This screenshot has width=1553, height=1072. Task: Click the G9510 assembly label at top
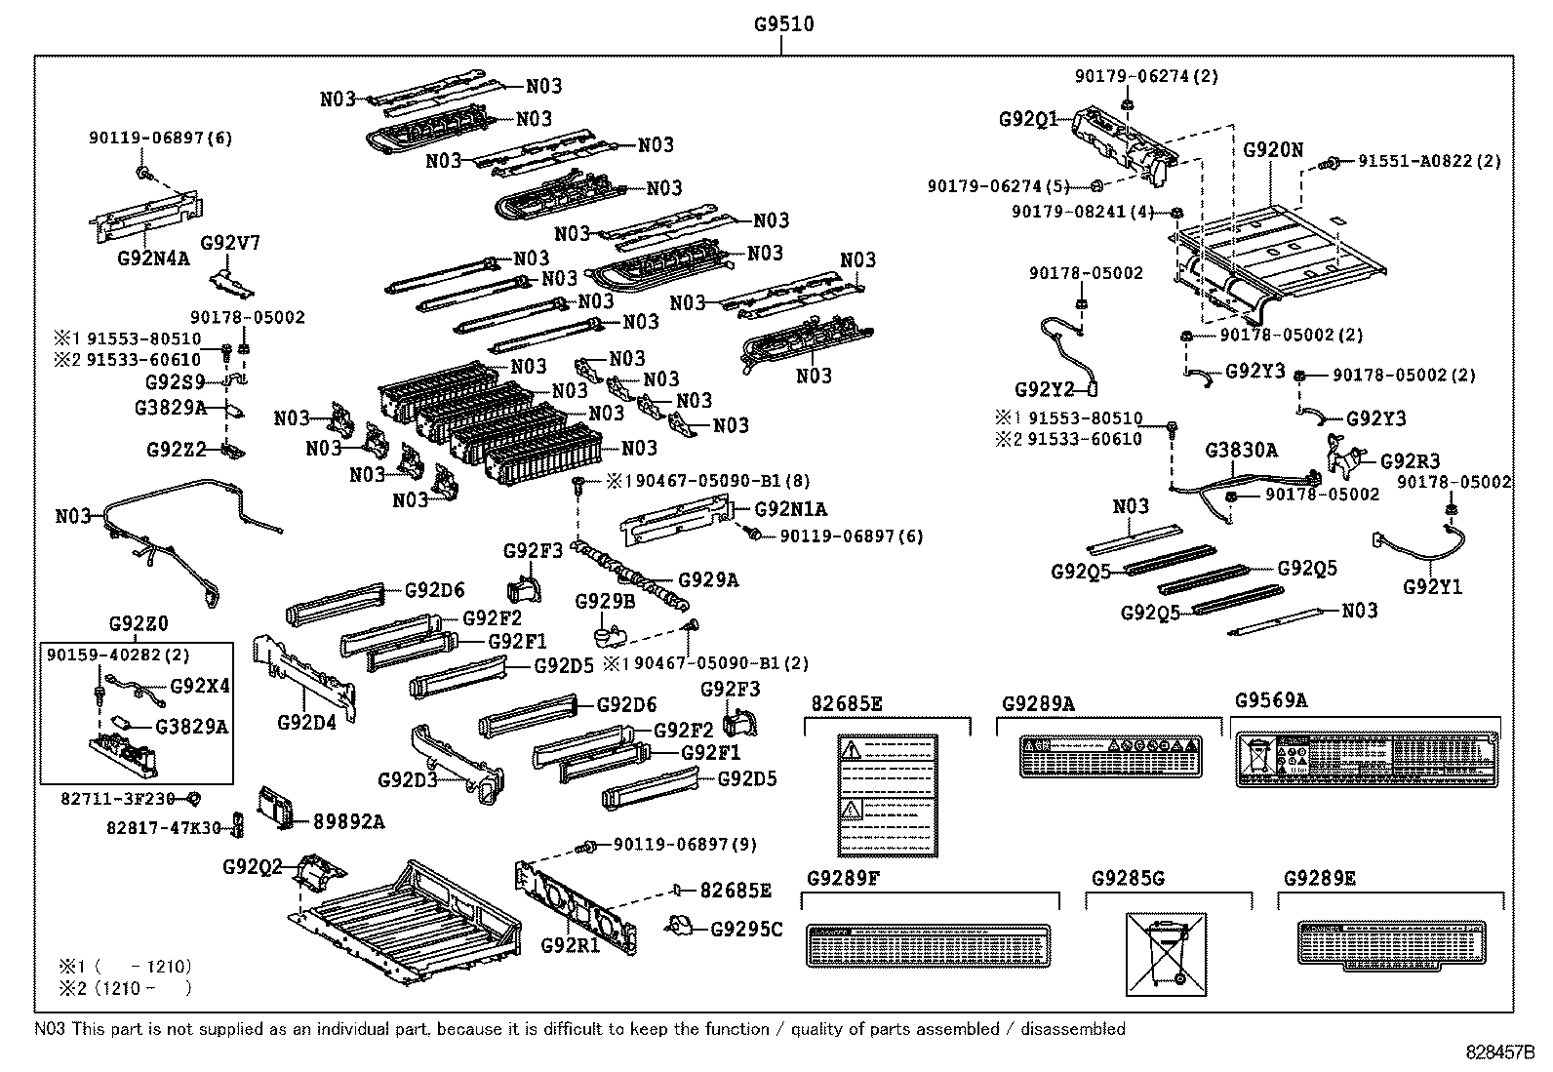click(x=783, y=23)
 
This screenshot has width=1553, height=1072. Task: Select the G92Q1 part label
click(x=1026, y=119)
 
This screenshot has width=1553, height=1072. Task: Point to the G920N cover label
click(x=1272, y=150)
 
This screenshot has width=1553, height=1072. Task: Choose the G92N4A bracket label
click(x=153, y=258)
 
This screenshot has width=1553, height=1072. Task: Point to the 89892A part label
click(x=348, y=821)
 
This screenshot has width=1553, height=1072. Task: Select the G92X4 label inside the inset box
click(x=200, y=686)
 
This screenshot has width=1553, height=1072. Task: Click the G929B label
click(x=604, y=601)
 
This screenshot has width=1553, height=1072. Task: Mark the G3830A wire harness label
click(x=1240, y=450)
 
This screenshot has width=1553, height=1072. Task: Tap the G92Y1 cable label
click(x=1432, y=586)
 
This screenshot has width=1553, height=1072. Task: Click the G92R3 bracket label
click(x=1409, y=461)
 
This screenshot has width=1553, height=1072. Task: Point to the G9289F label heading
click(x=844, y=878)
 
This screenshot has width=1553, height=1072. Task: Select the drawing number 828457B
click(x=1499, y=1053)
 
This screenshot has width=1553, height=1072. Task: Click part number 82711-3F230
click(x=117, y=798)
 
